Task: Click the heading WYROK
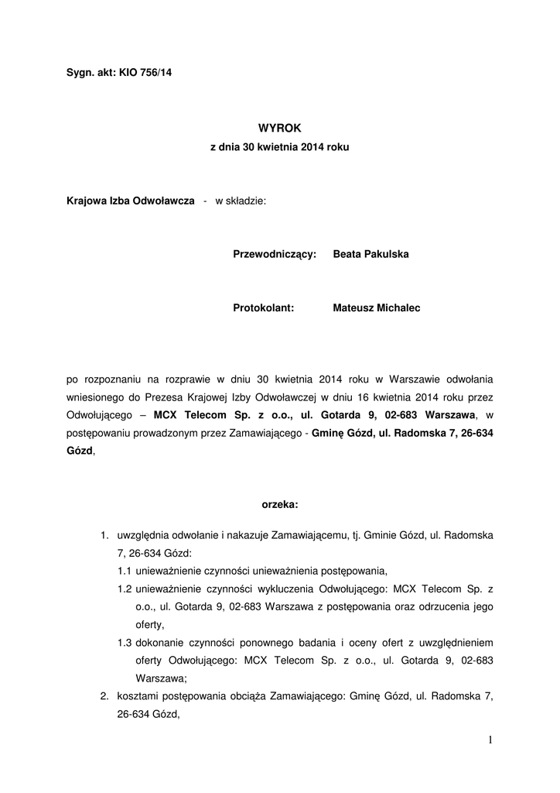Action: click(x=279, y=128)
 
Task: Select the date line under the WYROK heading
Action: click(x=280, y=146)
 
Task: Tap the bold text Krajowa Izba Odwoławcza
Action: click(x=130, y=201)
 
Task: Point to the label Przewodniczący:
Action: click(x=275, y=254)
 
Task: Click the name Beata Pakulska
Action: click(x=370, y=254)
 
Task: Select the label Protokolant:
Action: click(x=263, y=307)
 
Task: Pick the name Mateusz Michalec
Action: click(x=376, y=307)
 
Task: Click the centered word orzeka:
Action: click(x=280, y=504)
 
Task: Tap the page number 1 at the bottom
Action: click(x=490, y=740)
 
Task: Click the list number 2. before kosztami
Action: click(x=104, y=696)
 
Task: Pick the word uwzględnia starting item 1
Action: click(x=142, y=536)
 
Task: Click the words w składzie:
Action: click(x=240, y=201)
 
